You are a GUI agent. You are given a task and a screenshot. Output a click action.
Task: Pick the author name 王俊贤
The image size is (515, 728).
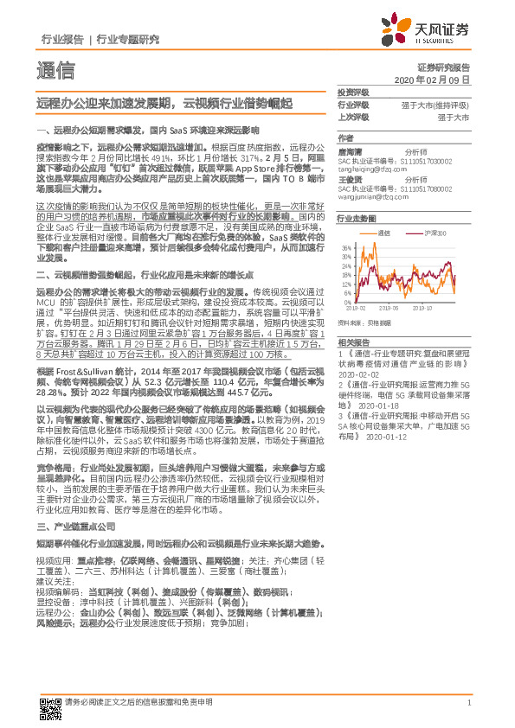351,180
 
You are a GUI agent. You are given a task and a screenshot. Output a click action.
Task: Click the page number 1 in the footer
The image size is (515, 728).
468,702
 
